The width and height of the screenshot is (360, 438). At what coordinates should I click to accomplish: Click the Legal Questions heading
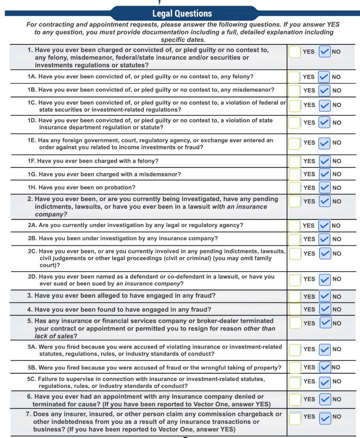pos(182,13)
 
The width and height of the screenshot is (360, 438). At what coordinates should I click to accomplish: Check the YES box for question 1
pos(294,52)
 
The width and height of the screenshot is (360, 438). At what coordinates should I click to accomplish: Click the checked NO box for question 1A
pos(324,77)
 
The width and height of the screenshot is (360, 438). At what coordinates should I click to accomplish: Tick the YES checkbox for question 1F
pos(294,161)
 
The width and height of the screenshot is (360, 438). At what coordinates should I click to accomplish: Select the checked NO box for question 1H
pos(325,188)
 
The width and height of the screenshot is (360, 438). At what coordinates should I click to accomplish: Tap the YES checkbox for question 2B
pos(294,239)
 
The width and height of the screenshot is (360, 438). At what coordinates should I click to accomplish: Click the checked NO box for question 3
pos(325,296)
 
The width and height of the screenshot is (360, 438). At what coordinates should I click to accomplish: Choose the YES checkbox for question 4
pos(294,310)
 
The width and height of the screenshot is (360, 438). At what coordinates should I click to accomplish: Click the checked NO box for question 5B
pos(325,367)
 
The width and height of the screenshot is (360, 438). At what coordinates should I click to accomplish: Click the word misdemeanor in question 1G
pos(159,174)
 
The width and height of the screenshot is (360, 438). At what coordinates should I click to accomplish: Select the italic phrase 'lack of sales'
pos(53,336)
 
